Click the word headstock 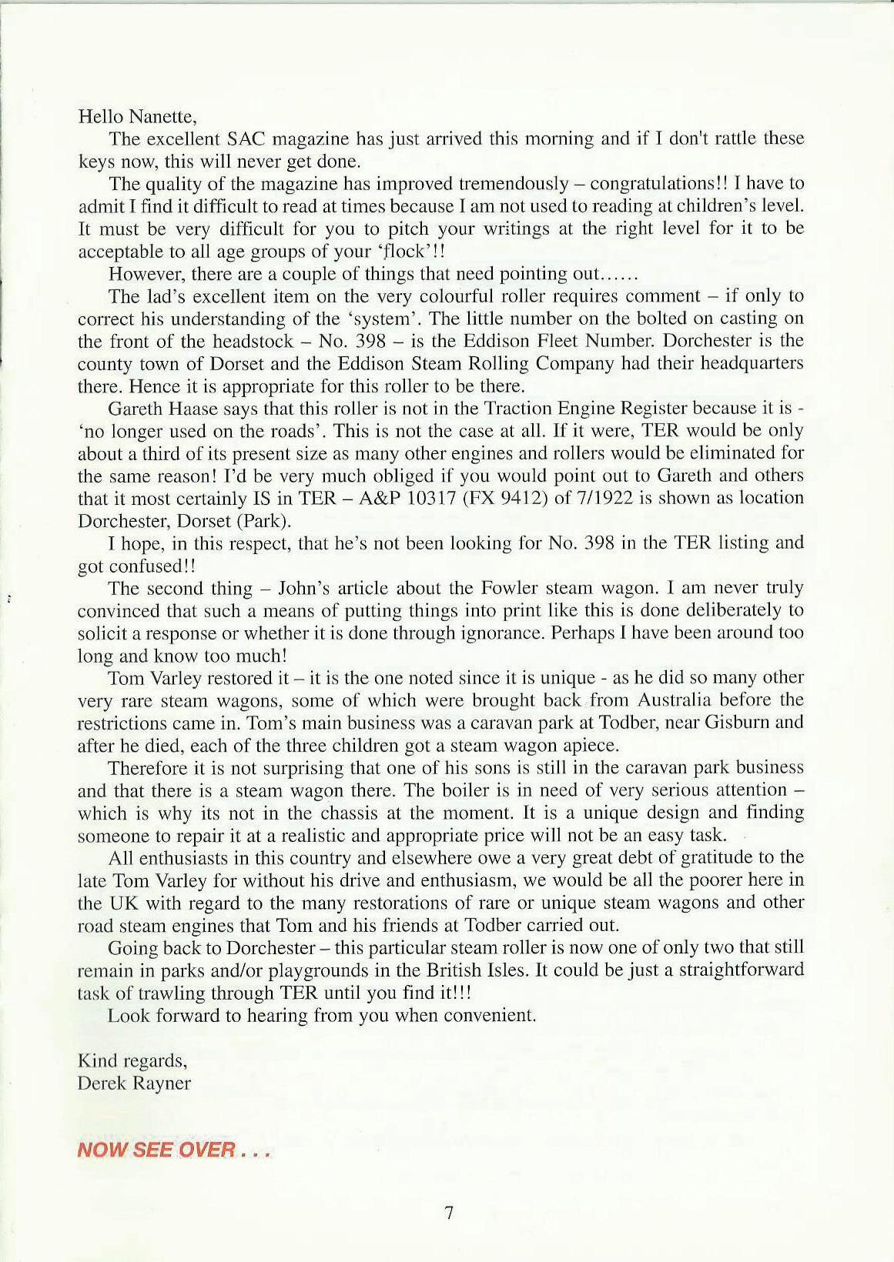tap(252, 341)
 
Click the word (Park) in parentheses tap(263, 521)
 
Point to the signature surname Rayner tap(162, 1083)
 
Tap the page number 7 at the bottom tap(449, 1214)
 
